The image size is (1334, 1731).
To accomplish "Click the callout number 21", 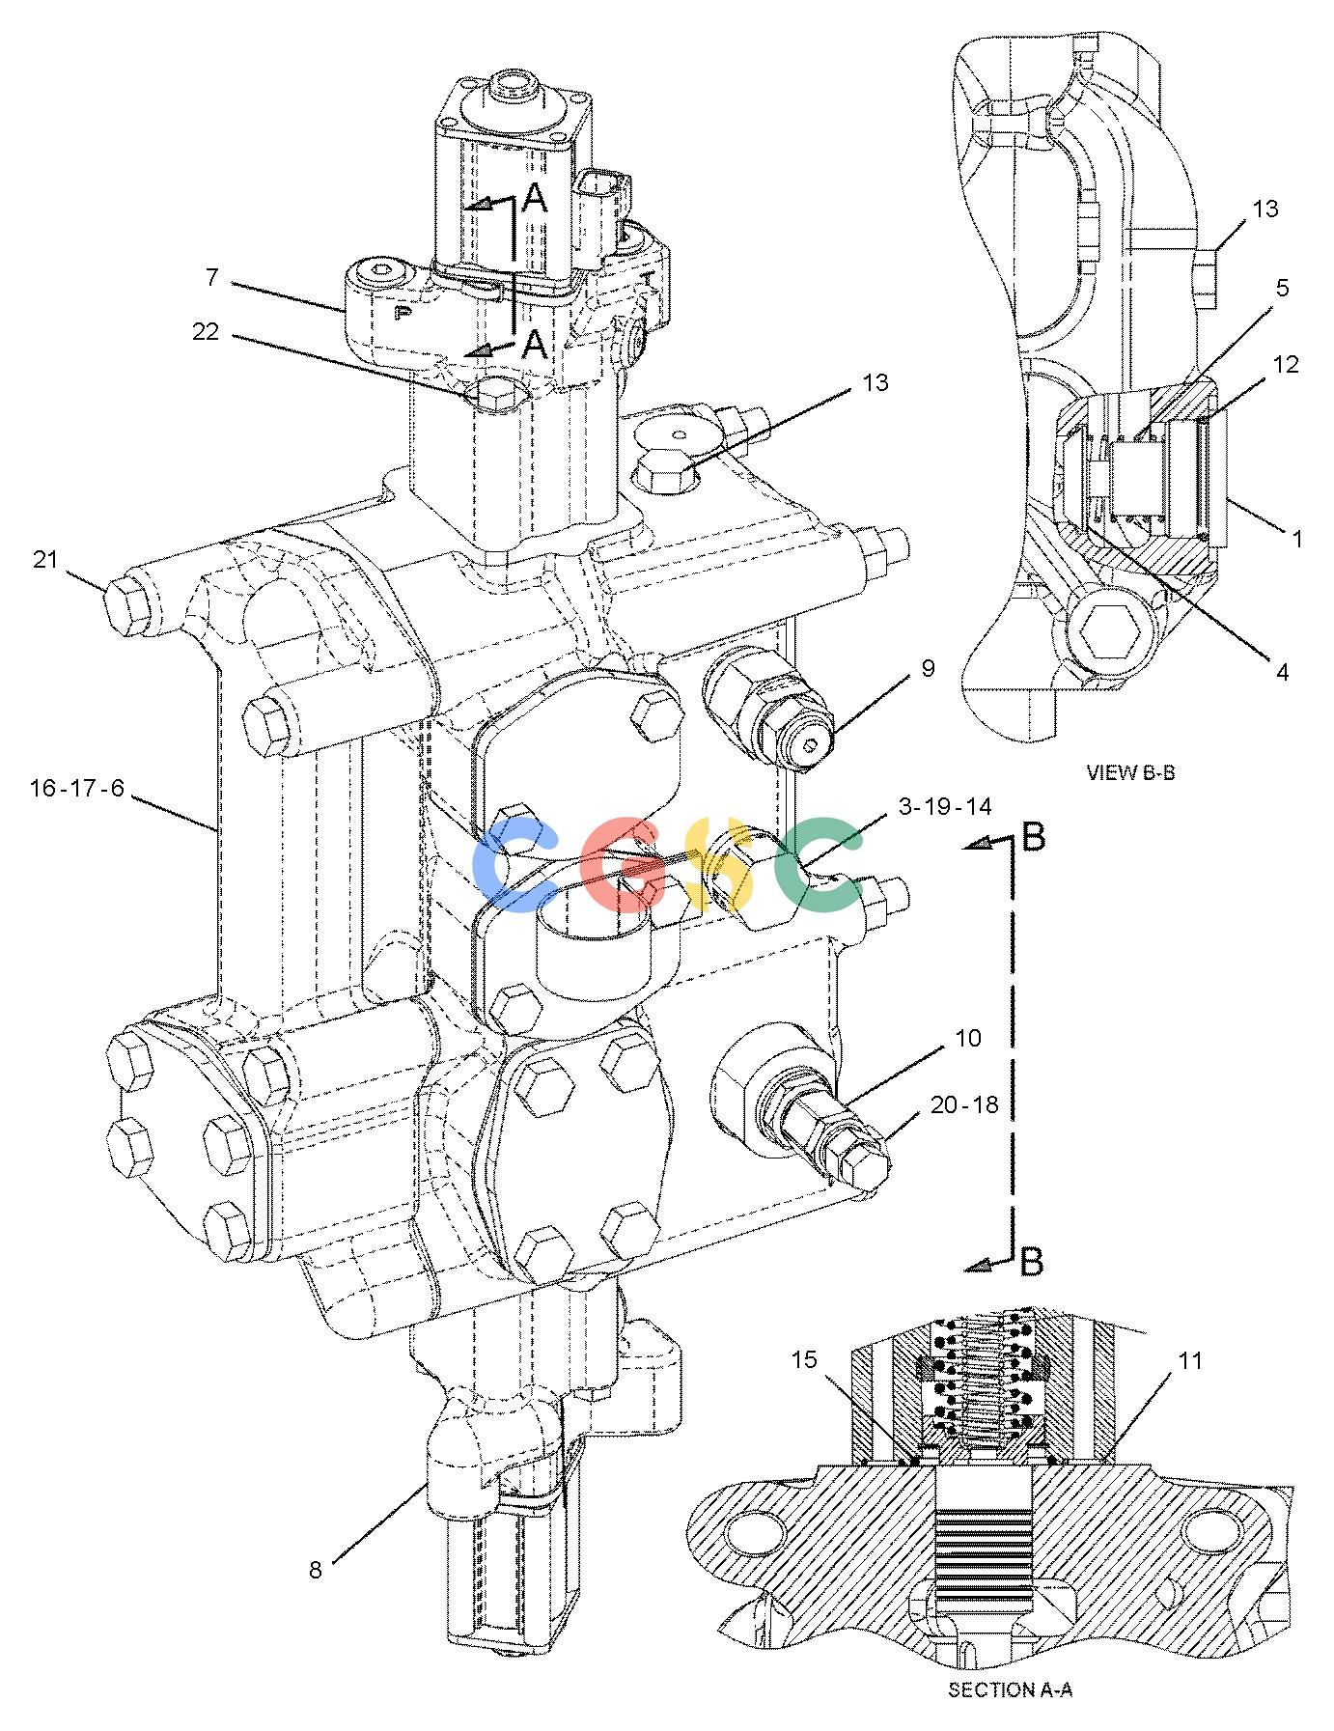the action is (x=46, y=559).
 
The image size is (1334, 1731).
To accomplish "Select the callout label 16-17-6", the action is (x=77, y=788).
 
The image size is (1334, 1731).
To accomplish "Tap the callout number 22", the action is (x=206, y=331).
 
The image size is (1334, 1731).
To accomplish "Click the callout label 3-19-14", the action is (x=944, y=806).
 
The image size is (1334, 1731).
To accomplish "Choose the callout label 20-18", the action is (x=964, y=1104).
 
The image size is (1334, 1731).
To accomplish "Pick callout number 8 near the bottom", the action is (x=316, y=1570).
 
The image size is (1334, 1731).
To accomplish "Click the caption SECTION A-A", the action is (x=1011, y=1689).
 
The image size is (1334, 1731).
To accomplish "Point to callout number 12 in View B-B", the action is (x=1286, y=364).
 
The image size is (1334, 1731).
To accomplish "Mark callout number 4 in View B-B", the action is (x=1283, y=672).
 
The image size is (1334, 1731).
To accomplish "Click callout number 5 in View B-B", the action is (x=1282, y=288).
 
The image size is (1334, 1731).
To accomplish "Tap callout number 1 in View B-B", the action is (x=1297, y=539).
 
